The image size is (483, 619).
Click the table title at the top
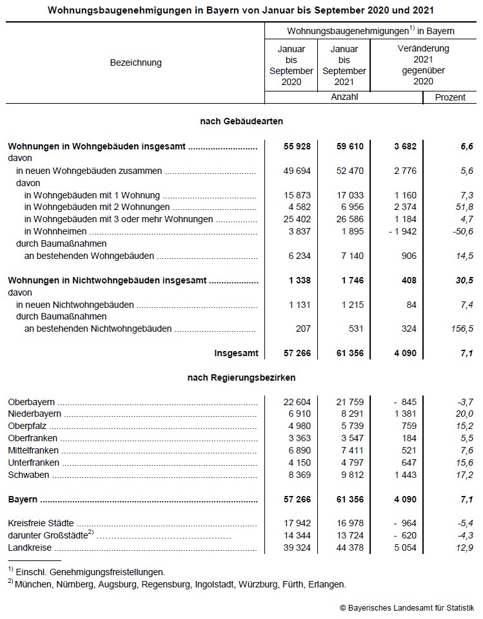[241, 10]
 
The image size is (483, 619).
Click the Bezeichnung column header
[135, 62]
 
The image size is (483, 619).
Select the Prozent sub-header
[450, 97]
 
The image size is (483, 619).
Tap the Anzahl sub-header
[344, 97]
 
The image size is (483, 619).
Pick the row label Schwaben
[26, 475]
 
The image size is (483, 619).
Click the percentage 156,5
[462, 329]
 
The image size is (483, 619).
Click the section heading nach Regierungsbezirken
[241, 377]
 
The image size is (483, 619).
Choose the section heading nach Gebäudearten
[241, 121]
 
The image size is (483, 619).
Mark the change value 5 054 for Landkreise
[403, 548]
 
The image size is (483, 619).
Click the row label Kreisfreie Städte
[41, 523]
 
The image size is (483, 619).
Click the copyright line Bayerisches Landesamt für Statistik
[408, 607]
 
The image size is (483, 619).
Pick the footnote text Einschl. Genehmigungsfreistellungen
[90, 571]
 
